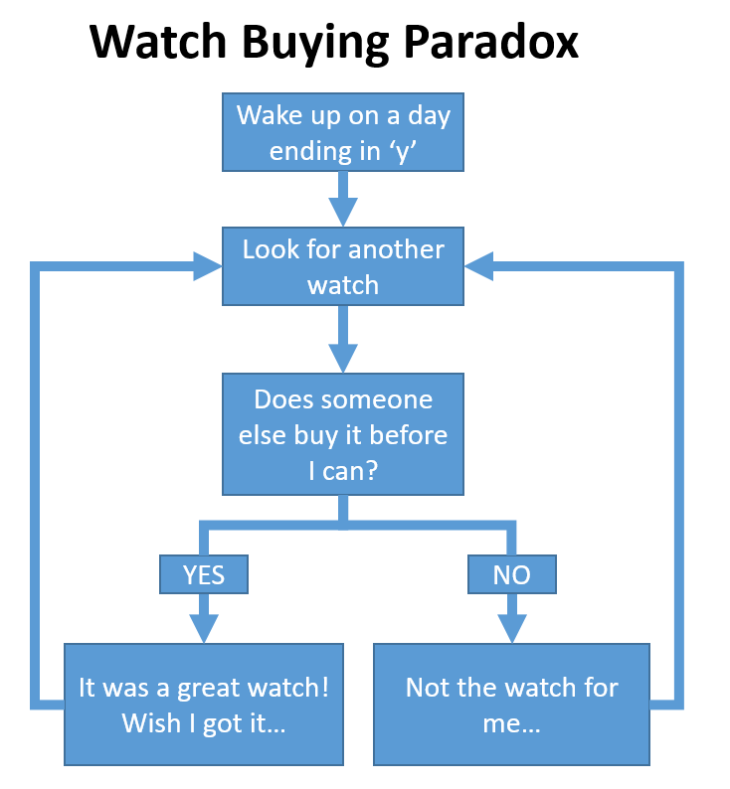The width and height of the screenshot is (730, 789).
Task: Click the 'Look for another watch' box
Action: [x=343, y=266]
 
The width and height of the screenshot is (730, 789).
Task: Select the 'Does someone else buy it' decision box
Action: [x=343, y=434]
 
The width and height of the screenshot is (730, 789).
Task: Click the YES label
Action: [x=203, y=574]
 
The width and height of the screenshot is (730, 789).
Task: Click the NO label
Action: [x=512, y=574]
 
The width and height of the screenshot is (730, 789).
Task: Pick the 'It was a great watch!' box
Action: [x=204, y=705]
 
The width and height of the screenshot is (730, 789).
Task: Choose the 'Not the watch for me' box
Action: [x=512, y=705]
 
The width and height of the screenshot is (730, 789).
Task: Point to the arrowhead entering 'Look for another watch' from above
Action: [x=343, y=212]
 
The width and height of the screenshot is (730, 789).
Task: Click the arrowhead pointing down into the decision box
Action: [x=343, y=357]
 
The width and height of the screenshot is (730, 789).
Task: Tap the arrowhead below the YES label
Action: [x=203, y=627]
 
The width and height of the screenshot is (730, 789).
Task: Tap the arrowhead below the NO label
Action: [x=512, y=627]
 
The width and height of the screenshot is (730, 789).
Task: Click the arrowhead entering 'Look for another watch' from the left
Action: [x=208, y=265]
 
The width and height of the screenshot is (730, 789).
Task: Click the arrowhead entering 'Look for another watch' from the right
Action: [x=478, y=265]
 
